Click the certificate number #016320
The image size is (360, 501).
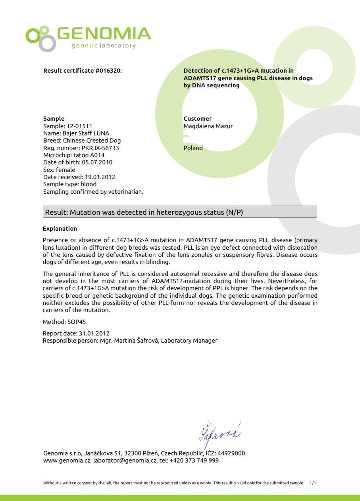point(108,71)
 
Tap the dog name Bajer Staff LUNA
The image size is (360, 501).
point(86,133)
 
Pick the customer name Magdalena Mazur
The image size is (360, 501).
point(208,126)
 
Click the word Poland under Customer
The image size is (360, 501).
point(193,148)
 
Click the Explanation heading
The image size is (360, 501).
point(60,229)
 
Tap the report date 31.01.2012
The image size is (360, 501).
point(94,333)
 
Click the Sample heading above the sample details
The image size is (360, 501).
point(54,119)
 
